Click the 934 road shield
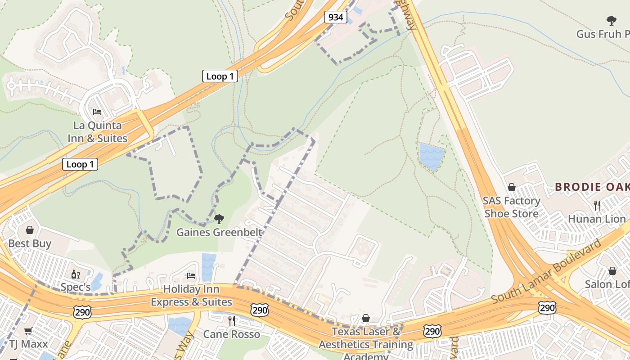(335, 18)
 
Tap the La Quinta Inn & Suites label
(98, 132)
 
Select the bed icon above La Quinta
(97, 112)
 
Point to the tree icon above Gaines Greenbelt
(219, 219)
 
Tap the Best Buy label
(30, 243)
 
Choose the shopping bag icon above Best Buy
(30, 230)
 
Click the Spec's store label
(76, 287)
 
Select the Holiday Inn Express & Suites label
(191, 295)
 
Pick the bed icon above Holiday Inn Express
(191, 275)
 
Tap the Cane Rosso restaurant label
(231, 334)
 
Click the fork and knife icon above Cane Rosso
(232, 320)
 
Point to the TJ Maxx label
(28, 344)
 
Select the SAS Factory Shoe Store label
(511, 207)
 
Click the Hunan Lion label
(597, 219)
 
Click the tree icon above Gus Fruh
(611, 20)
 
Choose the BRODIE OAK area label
(592, 187)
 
